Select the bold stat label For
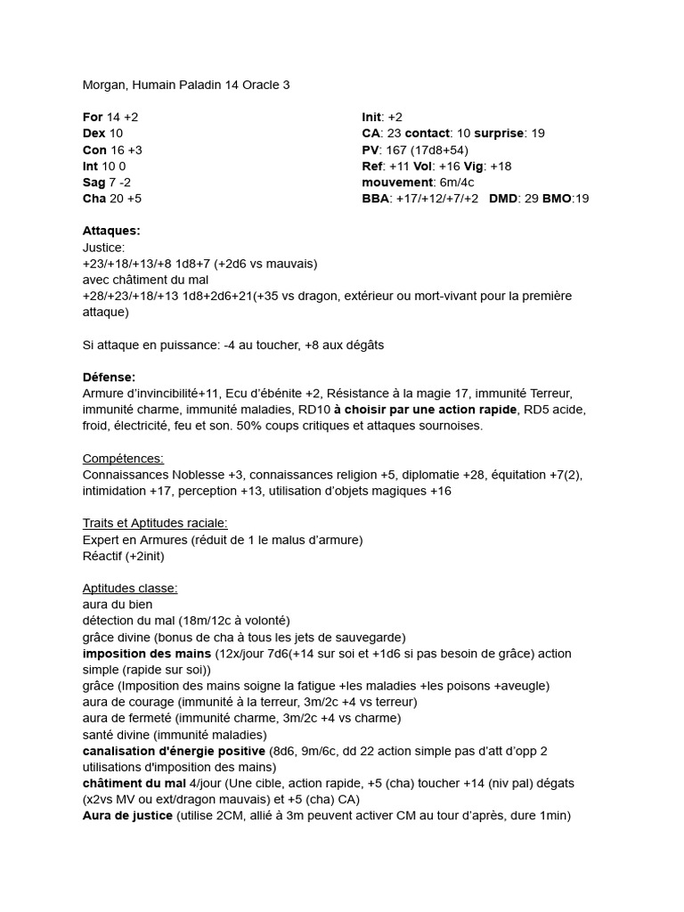tap(93, 118)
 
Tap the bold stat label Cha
tap(94, 199)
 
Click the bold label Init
tap(372, 118)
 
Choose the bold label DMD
tap(505, 199)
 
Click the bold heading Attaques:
tap(111, 231)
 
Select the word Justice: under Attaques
tap(104, 248)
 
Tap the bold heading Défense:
tap(109, 378)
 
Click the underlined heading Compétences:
tap(123, 458)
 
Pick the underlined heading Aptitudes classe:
tap(130, 588)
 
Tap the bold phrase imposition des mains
tap(146, 654)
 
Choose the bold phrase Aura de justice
tap(128, 816)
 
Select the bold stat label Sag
tap(94, 183)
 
